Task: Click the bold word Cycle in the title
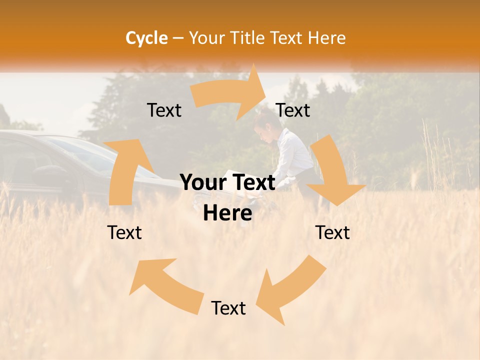point(146,38)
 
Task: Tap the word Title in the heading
point(250,38)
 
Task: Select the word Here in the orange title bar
point(327,38)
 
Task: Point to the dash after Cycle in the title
point(177,38)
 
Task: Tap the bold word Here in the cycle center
point(227,213)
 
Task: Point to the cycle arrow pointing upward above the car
point(124,170)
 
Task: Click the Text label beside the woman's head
point(293,110)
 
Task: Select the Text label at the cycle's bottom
point(228,308)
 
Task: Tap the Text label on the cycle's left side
point(124,232)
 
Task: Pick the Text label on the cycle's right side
point(332,232)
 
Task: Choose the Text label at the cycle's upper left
point(164,110)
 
